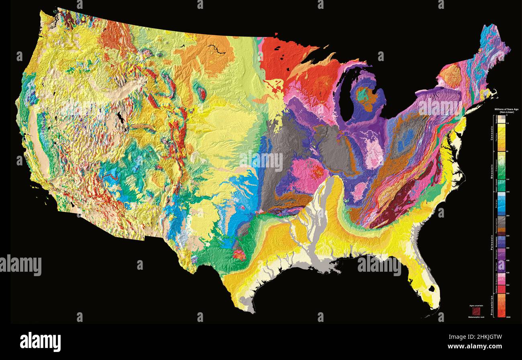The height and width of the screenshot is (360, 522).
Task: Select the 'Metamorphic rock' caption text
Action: pyautogui.click(x=476, y=317)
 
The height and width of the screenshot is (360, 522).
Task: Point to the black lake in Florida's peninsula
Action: pyautogui.click(x=431, y=288)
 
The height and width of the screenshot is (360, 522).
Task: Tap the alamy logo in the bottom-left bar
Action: pyautogui.click(x=40, y=341)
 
